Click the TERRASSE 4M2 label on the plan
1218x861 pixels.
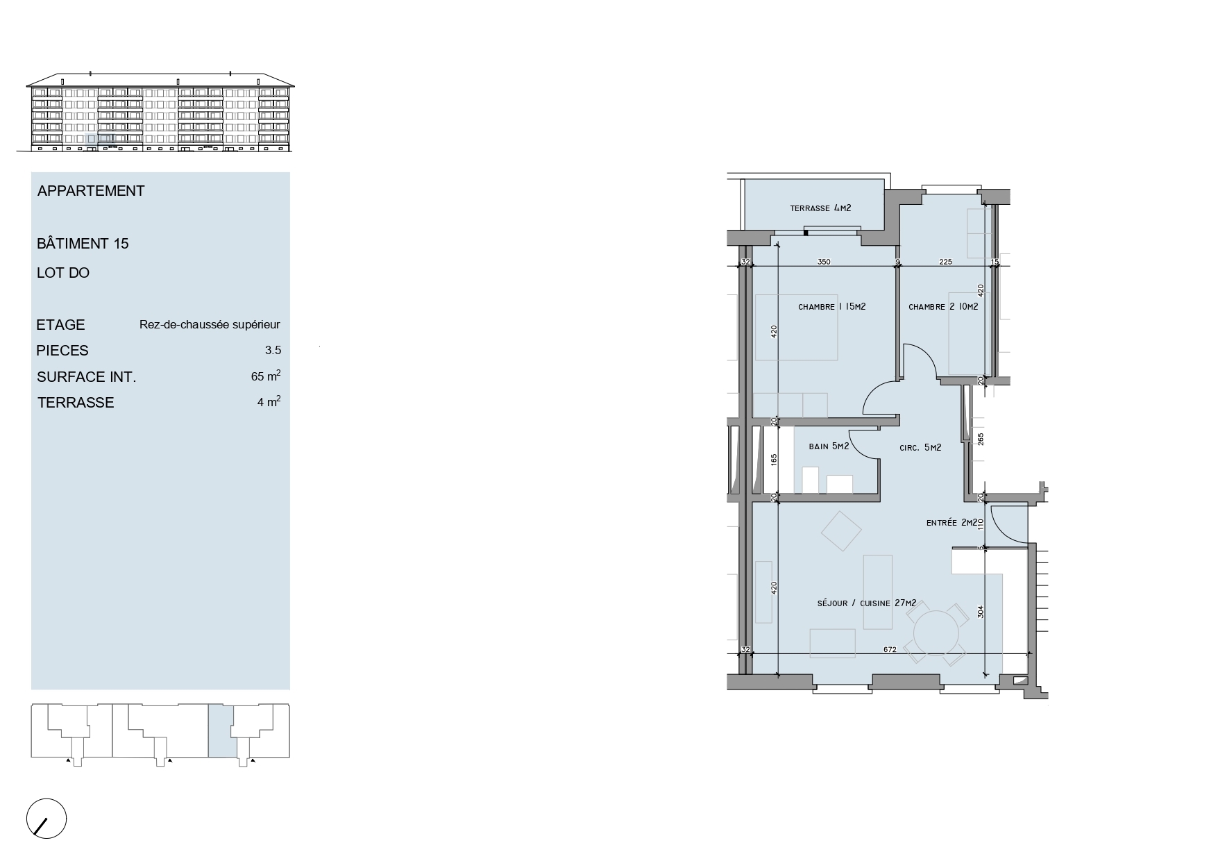[820, 208]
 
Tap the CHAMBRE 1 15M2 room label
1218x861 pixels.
[831, 307]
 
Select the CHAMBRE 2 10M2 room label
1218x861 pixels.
[943, 307]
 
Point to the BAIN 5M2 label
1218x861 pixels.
[829, 446]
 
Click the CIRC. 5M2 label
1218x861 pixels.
[920, 448]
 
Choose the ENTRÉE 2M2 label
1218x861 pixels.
[951, 523]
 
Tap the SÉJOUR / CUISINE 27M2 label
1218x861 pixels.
[866, 603]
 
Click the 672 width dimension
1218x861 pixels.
[890, 650]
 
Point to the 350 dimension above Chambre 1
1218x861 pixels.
[824, 262]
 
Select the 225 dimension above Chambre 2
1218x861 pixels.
[945, 262]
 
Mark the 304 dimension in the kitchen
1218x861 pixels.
[981, 612]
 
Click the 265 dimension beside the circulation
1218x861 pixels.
[981, 440]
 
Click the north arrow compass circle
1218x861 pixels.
[46, 819]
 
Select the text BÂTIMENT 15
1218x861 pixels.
[83, 244]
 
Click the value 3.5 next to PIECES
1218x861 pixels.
[273, 351]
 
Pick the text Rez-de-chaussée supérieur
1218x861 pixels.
[210, 325]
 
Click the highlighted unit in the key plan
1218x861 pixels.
[221, 730]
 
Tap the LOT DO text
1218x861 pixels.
[63, 273]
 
